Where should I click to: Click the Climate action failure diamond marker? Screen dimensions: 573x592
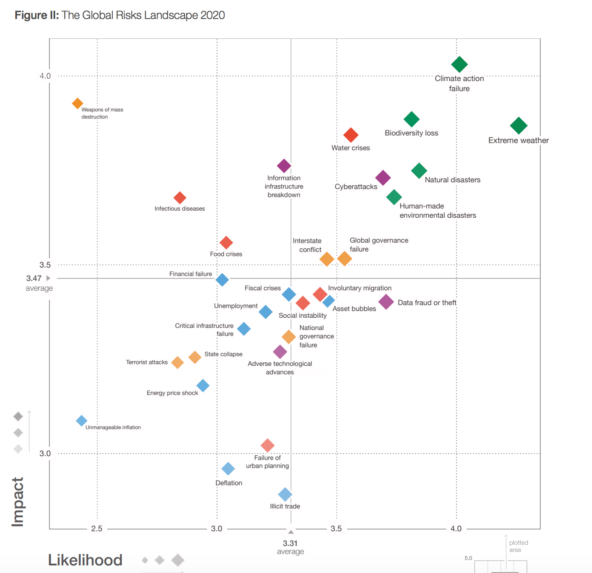[x=459, y=65]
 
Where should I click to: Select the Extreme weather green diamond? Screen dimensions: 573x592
[x=519, y=125]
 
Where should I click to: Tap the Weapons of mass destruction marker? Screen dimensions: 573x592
[x=77, y=103]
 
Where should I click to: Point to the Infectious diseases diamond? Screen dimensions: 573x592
[x=180, y=197]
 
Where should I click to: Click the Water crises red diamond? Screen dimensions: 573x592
[x=351, y=135]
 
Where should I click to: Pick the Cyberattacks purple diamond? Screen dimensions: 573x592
[x=383, y=178]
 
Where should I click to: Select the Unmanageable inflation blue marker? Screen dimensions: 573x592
[x=81, y=421]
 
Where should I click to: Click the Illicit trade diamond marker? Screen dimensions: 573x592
[x=285, y=494]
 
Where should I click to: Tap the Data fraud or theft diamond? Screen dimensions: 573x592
[x=386, y=302]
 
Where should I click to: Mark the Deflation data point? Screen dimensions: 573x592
[x=228, y=468]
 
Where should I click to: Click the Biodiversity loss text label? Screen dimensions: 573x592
[x=411, y=133]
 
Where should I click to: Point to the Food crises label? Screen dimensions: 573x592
[x=226, y=254]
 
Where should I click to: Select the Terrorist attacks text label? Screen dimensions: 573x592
[x=147, y=362]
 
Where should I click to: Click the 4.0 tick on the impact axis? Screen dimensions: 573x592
[x=45, y=76]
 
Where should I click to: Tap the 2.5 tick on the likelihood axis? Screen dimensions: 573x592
[x=97, y=529]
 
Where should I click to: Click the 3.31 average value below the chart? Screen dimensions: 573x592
[x=290, y=543]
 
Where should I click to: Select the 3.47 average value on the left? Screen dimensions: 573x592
[x=34, y=278]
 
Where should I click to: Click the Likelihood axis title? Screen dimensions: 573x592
[x=85, y=560]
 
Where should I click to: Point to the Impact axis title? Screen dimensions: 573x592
[x=17, y=502]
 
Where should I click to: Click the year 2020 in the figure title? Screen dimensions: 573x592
[x=212, y=15]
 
